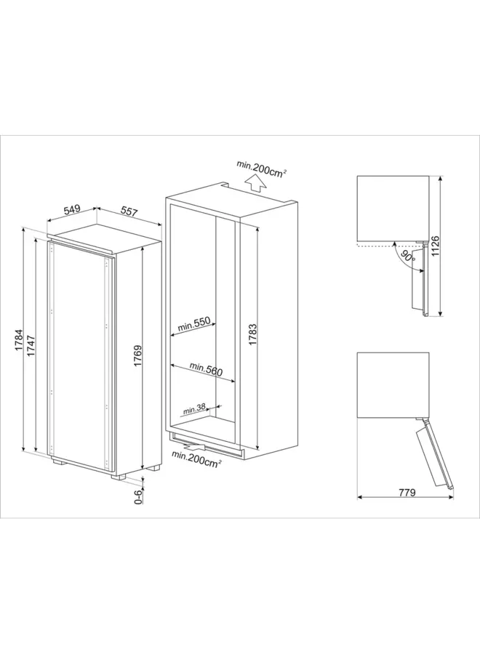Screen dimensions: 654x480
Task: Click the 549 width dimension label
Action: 71,210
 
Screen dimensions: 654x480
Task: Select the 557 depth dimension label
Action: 129,211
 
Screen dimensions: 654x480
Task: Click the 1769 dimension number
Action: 136,357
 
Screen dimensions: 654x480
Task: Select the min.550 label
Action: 192,326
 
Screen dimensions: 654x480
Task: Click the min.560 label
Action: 206,368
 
